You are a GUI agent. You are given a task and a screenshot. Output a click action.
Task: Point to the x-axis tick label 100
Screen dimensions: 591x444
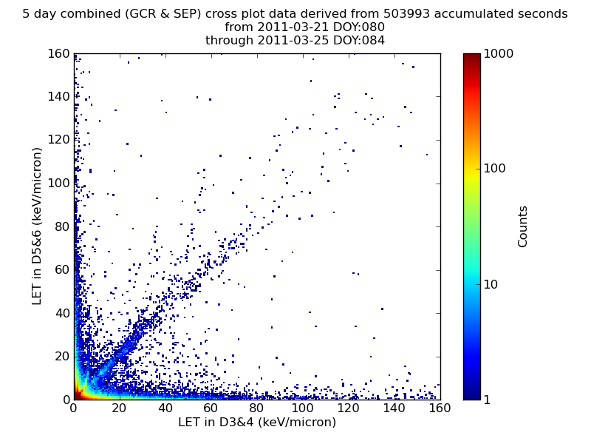302,408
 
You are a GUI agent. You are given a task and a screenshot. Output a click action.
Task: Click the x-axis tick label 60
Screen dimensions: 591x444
211,408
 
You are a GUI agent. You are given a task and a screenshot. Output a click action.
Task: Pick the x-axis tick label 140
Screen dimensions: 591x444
394,408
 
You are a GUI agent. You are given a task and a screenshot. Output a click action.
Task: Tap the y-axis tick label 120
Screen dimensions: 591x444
59,140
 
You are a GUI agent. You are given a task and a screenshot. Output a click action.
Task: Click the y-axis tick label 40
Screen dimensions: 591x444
63,313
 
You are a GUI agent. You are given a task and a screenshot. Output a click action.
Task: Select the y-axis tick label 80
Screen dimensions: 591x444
63,227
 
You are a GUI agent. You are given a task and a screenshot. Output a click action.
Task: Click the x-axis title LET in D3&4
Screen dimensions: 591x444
216,422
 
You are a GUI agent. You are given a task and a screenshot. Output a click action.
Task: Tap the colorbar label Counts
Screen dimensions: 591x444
522,226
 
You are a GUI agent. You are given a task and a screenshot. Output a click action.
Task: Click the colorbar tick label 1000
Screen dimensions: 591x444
498,53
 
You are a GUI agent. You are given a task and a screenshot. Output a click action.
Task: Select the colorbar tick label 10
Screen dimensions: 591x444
491,284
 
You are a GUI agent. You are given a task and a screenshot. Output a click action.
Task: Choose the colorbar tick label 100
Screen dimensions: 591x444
494,169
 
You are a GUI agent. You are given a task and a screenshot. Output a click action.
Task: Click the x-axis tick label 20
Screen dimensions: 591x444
119,408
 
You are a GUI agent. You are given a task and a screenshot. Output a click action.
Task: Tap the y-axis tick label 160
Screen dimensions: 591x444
59,53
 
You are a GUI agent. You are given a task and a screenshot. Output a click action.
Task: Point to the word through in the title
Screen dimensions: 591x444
229,41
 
